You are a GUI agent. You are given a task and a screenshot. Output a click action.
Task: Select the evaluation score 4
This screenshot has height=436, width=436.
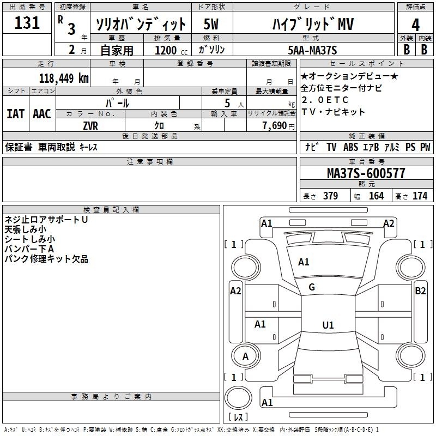(416, 25)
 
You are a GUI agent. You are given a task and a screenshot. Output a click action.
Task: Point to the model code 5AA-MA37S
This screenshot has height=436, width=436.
(312, 50)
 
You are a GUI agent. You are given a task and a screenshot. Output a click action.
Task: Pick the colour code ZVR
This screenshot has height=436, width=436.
(90, 125)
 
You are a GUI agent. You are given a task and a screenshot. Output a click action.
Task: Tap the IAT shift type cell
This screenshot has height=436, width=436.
(15, 114)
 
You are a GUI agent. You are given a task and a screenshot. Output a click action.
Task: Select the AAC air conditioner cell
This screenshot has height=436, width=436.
(41, 114)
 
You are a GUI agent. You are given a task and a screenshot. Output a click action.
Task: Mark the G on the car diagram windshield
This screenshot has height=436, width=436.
(312, 287)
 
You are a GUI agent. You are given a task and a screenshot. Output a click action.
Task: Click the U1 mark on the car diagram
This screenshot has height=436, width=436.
(328, 325)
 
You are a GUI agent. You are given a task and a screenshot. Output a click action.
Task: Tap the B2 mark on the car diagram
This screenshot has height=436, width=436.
(420, 291)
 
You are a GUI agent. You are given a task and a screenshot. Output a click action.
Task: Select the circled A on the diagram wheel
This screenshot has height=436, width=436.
(245, 356)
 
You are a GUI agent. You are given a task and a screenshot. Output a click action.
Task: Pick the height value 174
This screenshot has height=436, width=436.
(420, 196)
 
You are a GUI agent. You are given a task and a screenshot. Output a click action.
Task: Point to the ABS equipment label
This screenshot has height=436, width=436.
(350, 147)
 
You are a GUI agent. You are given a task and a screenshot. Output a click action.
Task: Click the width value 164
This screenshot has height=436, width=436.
(376, 196)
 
